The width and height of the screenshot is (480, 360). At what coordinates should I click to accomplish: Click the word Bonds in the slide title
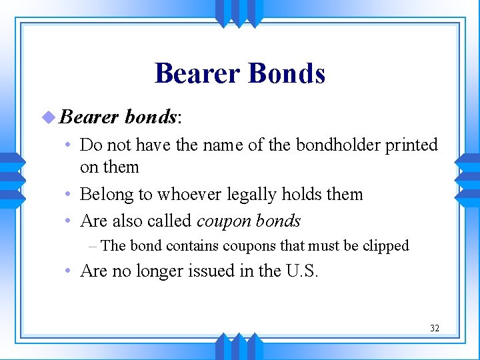pos(287,73)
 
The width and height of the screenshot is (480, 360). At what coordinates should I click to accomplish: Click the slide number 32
pos(435,328)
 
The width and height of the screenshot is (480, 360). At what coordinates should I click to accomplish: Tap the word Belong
pos(103,195)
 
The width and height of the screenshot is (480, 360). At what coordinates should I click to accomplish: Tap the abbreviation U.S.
pos(302,271)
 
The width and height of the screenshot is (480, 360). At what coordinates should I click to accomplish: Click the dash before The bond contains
pos(93,246)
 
